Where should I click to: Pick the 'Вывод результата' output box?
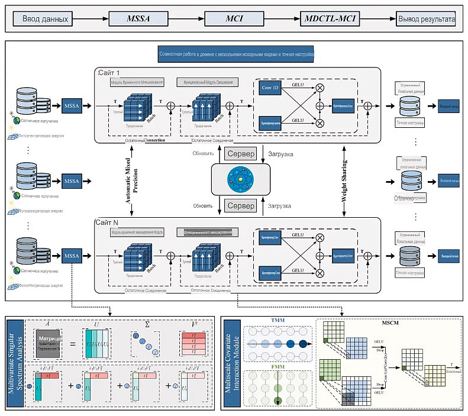point(425,19)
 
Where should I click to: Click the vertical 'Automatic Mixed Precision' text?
point(131,180)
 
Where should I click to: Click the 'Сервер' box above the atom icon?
point(240,154)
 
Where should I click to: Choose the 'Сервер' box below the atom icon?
point(240,205)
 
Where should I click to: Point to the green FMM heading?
point(277,366)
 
